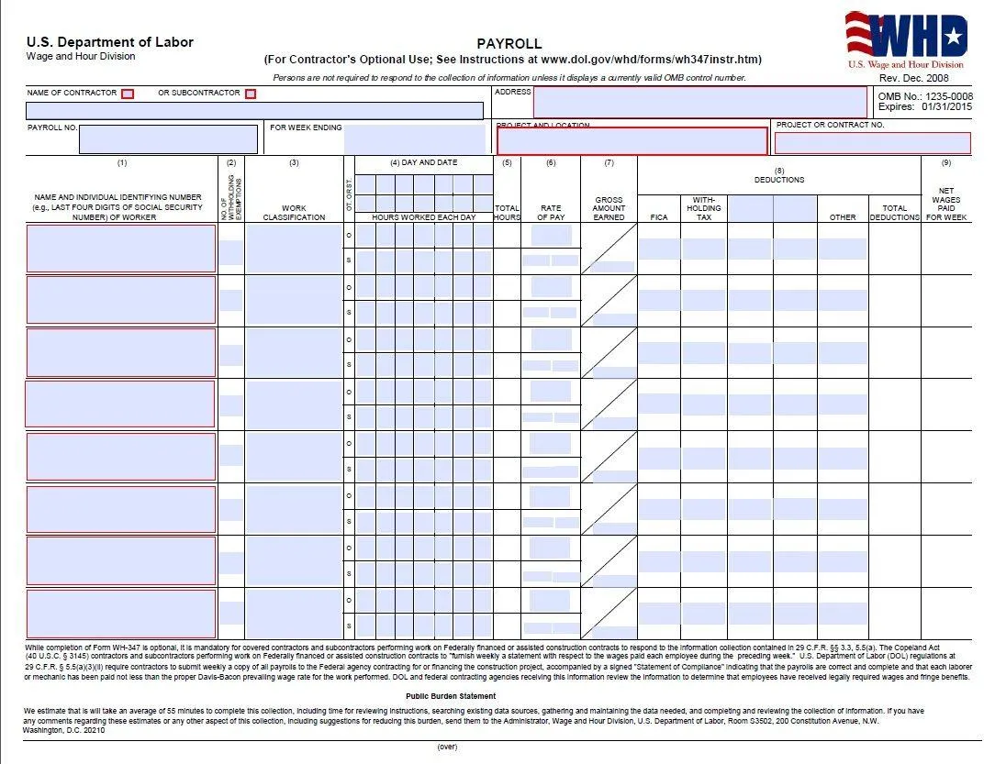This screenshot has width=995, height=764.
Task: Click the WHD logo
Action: pyautogui.click(x=906, y=39)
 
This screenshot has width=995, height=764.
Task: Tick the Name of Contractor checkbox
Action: pyautogui.click(x=128, y=94)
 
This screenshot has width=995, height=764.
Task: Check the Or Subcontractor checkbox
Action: pyautogui.click(x=251, y=94)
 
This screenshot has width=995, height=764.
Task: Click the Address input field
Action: pyautogui.click(x=699, y=102)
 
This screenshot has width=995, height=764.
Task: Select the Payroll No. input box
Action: pyautogui.click(x=168, y=139)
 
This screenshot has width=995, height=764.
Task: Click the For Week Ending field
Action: pyautogui.click(x=414, y=139)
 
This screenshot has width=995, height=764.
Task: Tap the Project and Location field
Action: pyautogui.click(x=632, y=141)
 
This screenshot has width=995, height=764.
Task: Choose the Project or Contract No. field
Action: pyautogui.click(x=872, y=143)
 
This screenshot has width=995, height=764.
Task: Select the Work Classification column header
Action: pyautogui.click(x=294, y=213)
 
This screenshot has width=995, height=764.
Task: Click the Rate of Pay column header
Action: pyautogui.click(x=551, y=213)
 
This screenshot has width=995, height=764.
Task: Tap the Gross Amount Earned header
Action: pyautogui.click(x=609, y=208)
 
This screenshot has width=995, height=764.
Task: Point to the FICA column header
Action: pyautogui.click(x=658, y=217)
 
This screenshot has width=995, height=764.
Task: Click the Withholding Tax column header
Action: pyautogui.click(x=704, y=208)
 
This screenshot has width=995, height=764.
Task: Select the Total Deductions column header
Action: pyautogui.click(x=894, y=213)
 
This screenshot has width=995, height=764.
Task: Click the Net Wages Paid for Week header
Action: pyautogui.click(x=946, y=204)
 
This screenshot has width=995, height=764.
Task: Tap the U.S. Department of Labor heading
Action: pyautogui.click(x=110, y=42)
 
